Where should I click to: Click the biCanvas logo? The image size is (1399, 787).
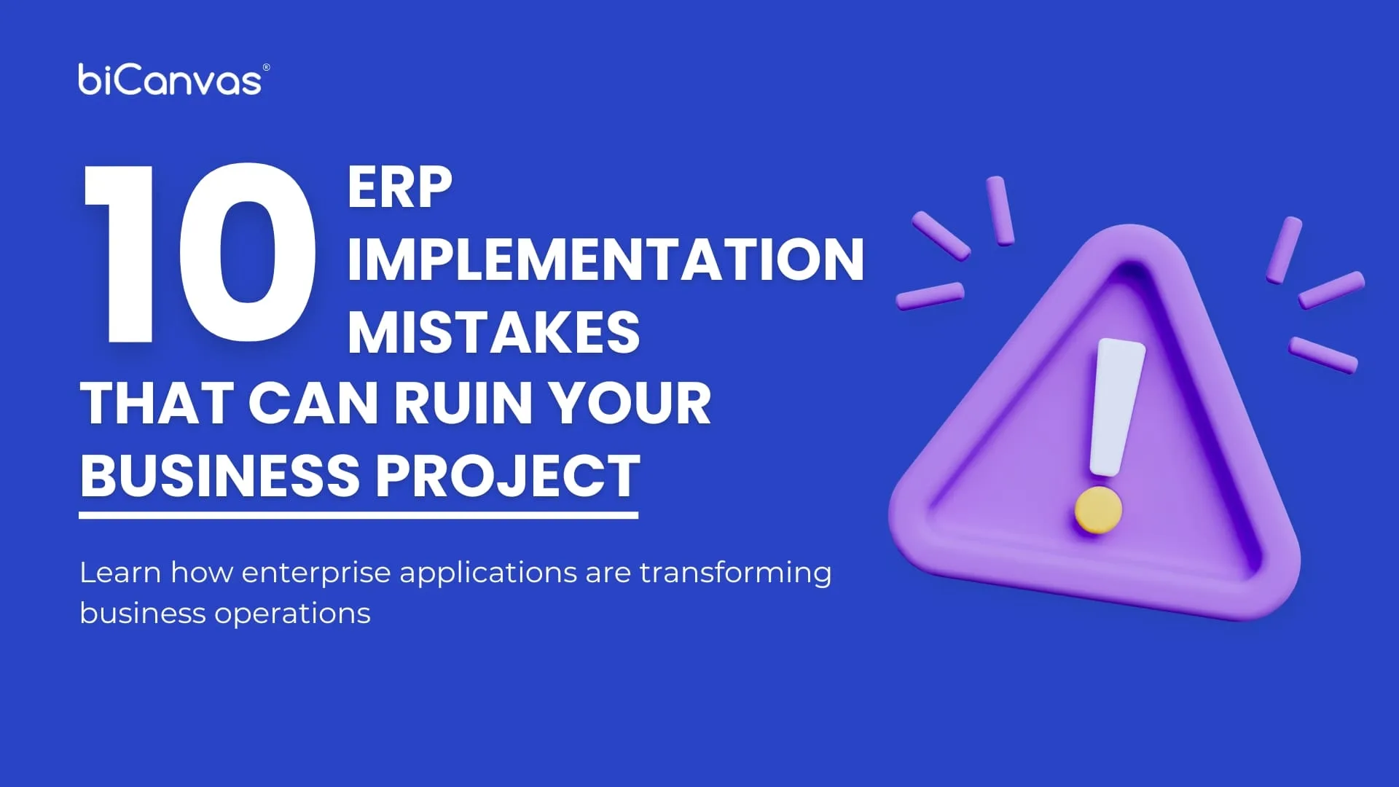(169, 80)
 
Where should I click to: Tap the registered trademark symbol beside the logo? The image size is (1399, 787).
(266, 68)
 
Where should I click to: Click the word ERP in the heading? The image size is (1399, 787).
(399, 188)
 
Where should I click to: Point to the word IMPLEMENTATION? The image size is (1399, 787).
(606, 259)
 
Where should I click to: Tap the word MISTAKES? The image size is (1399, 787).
(493, 332)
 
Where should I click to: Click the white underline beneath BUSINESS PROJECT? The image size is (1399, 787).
(358, 515)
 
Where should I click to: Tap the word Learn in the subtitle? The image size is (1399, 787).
(120, 573)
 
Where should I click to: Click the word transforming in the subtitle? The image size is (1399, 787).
(735, 573)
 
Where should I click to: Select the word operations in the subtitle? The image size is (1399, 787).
(292, 614)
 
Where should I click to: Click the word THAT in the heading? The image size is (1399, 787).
(157, 403)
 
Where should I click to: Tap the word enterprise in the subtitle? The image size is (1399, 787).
(316, 573)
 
